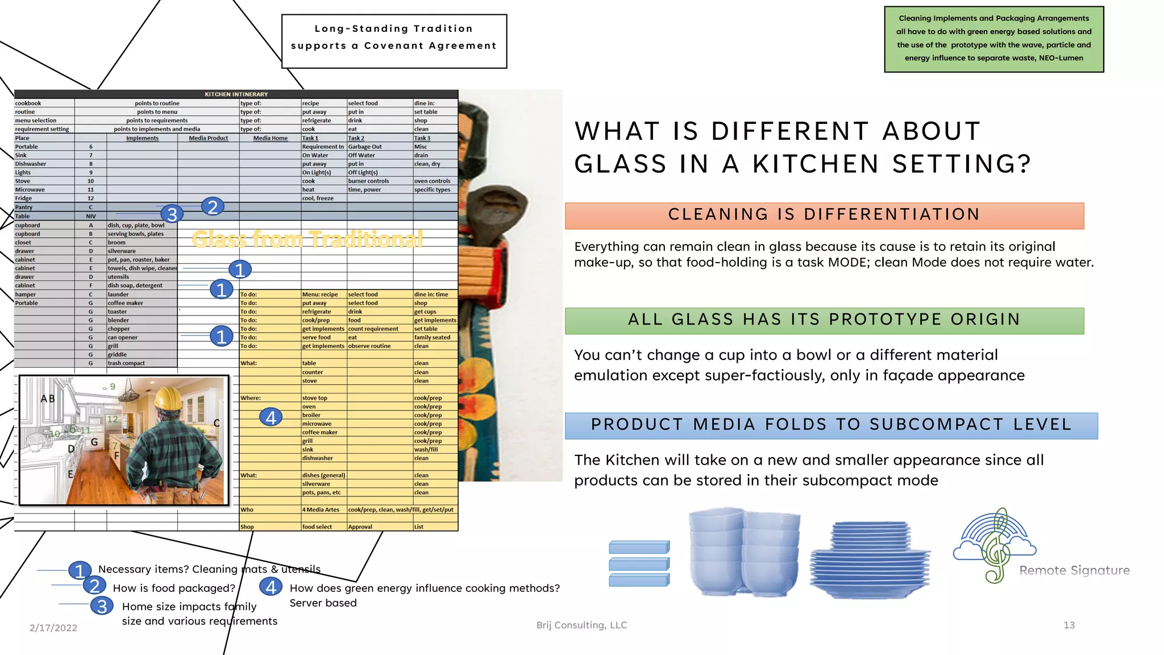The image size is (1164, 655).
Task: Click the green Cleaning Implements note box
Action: tap(993, 39)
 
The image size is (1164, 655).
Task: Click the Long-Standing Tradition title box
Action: tap(394, 41)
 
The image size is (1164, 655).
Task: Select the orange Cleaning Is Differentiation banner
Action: tap(824, 215)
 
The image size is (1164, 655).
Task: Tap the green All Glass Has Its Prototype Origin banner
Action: tap(824, 321)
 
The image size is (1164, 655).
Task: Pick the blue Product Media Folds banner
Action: tap(831, 425)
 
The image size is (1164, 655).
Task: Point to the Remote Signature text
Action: tap(1074, 570)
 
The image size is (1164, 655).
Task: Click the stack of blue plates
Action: tap(870, 560)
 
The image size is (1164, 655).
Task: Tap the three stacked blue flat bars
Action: tap(639, 563)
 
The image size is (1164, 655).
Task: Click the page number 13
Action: tap(1069, 625)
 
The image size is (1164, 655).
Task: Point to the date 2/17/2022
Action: tap(53, 628)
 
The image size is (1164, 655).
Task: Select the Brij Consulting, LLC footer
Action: tap(581, 625)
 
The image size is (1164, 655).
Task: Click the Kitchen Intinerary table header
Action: tap(236, 94)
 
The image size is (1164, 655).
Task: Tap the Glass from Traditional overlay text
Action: tap(307, 239)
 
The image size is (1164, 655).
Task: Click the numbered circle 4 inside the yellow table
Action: tap(271, 417)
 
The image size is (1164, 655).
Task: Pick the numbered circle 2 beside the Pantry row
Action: tap(213, 207)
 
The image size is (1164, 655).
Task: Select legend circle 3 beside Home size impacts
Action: tap(102, 606)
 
